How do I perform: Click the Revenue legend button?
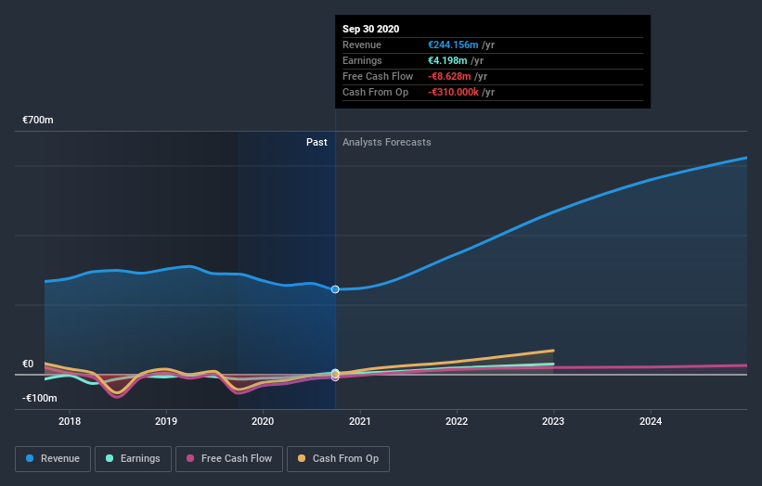pos(53,458)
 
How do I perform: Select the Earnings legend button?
pos(132,458)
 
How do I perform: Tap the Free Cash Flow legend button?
pos(229,458)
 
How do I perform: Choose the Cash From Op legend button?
pos(338,458)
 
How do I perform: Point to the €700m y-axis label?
pos(39,121)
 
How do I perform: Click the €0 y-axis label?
pos(28,364)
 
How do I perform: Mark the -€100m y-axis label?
pos(40,398)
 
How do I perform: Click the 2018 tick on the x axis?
pos(70,421)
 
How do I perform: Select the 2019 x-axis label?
pos(166,421)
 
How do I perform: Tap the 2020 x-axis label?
pos(264,421)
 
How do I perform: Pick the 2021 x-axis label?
pos(360,421)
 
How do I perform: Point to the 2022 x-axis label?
pos(457,421)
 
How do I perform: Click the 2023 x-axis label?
pos(553,421)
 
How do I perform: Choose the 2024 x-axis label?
pos(651,421)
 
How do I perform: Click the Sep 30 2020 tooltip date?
pos(370,29)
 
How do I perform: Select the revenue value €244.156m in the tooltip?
pos(454,45)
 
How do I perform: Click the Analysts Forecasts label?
pos(386,142)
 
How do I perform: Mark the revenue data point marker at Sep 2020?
pos(335,289)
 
